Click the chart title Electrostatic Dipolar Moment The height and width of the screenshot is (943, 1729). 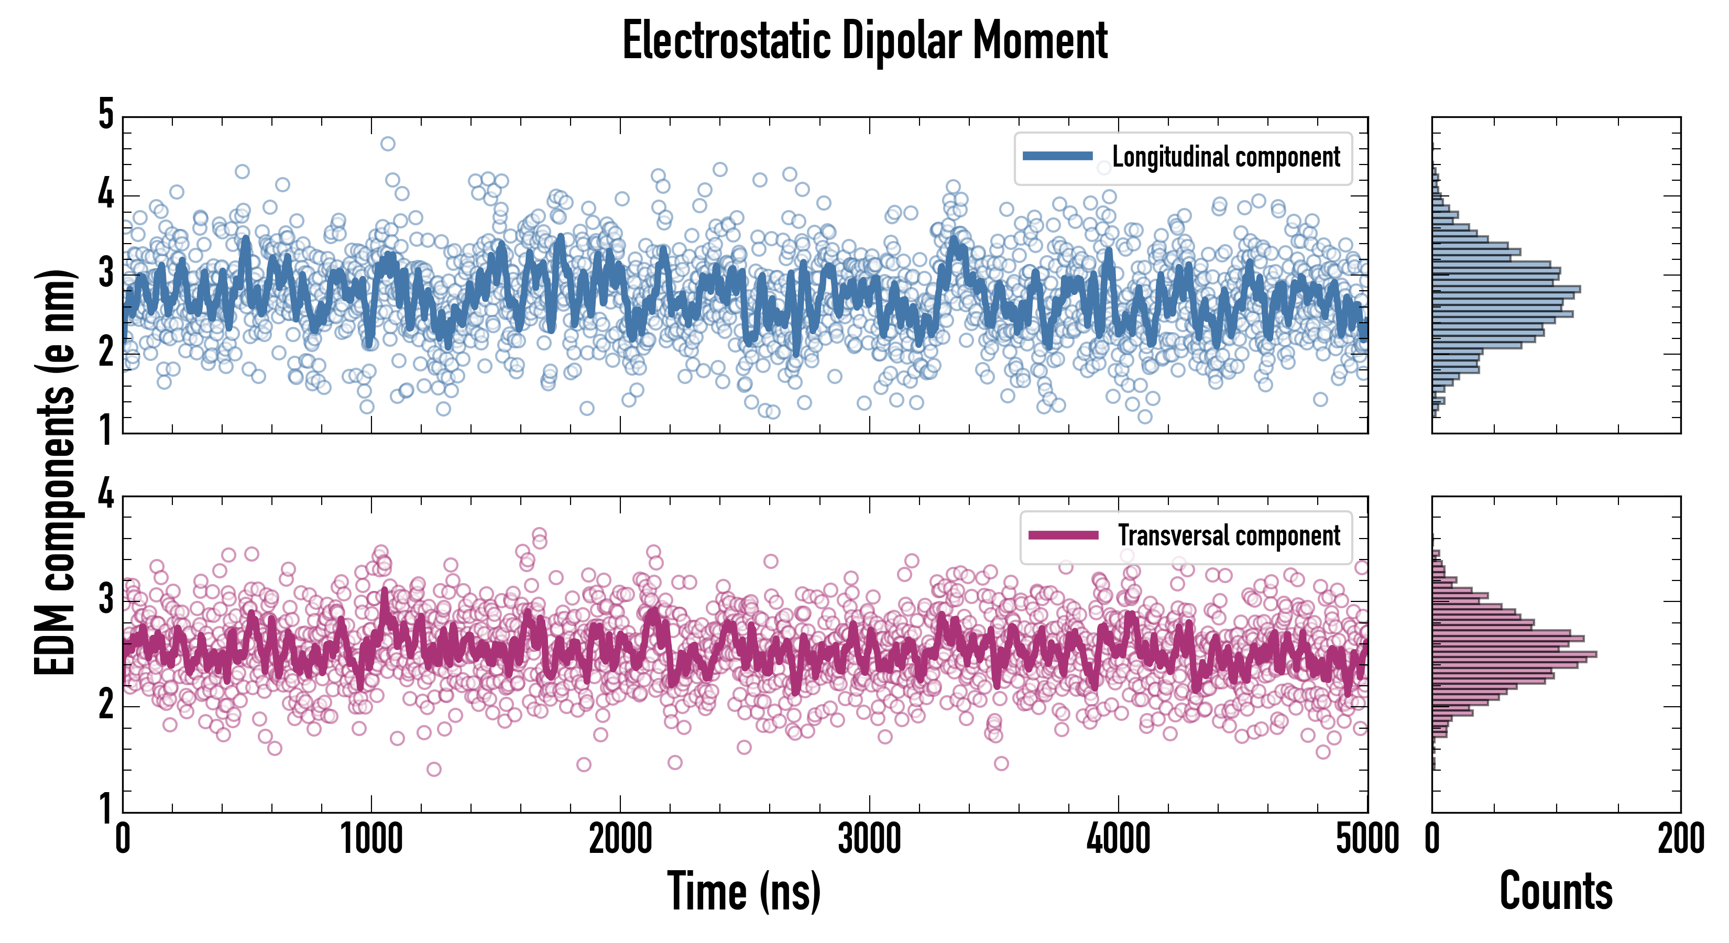[864, 41]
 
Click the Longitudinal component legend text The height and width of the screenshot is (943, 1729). [1225, 157]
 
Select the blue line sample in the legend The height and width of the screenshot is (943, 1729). [1057, 157]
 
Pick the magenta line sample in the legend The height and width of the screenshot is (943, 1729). [1063, 535]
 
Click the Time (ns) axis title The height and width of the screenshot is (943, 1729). [743, 891]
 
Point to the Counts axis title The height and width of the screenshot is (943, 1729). [1556, 891]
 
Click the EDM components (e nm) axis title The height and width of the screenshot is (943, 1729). [55, 473]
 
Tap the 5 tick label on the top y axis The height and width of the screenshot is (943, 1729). [106, 114]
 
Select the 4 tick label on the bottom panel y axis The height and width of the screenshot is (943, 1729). [106, 495]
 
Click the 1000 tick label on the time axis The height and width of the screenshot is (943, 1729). [371, 839]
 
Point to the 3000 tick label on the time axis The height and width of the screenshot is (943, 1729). [869, 839]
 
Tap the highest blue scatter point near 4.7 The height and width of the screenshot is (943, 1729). [387, 144]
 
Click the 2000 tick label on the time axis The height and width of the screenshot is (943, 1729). [620, 839]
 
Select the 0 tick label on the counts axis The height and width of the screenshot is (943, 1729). [1432, 839]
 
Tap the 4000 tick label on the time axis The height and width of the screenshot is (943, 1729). [1118, 839]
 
